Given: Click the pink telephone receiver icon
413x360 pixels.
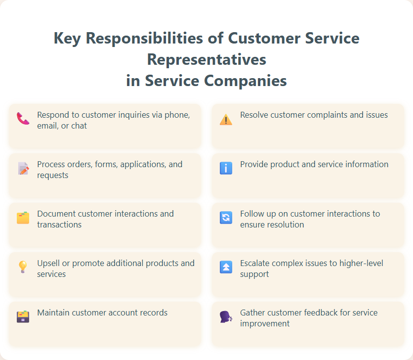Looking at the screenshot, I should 23,119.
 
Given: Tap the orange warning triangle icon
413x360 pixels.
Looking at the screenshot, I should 226,119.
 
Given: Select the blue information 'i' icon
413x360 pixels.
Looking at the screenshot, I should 226,168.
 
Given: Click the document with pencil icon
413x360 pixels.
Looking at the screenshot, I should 23,168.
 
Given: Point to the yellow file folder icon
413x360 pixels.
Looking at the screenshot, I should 23,218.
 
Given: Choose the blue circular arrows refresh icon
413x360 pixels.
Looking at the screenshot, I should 226,218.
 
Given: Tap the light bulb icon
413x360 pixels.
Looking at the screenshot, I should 23,267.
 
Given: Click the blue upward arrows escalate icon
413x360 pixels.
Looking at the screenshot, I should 226,267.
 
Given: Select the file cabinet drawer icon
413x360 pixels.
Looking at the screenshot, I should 23,316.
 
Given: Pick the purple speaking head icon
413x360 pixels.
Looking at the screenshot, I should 226,316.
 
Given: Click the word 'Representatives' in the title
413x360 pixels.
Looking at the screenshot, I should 206,59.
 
